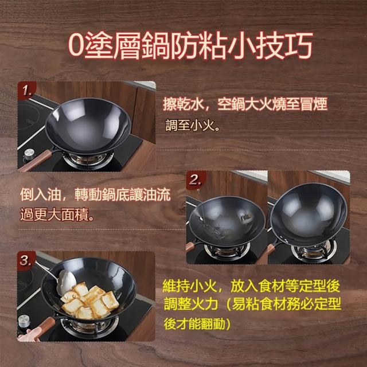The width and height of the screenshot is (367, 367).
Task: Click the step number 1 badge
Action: pos(27,91)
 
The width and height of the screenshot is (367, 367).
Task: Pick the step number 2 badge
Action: pos(196,180)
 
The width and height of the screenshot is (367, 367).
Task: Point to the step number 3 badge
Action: pos(26,260)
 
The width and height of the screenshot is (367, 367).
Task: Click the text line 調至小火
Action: pos(193,126)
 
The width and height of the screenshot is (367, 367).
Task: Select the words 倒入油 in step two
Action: pos(40,194)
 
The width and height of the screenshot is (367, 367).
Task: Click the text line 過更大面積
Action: pos(57,214)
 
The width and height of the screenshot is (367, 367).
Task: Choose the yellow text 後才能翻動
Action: pos(197,323)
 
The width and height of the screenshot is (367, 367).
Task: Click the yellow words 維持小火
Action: pos(190,286)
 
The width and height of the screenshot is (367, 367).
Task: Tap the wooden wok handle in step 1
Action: pos(36,161)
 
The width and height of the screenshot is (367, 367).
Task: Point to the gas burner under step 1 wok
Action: pos(88,161)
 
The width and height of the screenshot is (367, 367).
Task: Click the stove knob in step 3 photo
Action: pos(24,321)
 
